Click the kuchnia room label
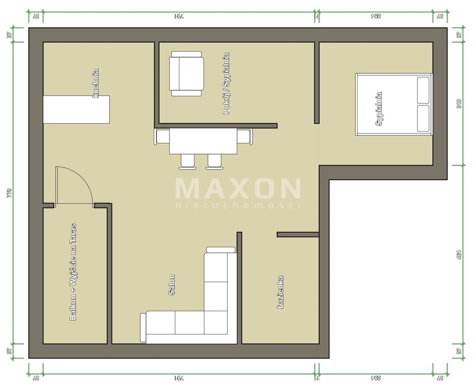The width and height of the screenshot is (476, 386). tap(96, 83)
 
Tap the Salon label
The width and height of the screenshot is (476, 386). tap(172, 285)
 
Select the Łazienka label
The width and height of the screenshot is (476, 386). tap(280, 292)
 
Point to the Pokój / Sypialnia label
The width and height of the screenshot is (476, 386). tap(226, 84)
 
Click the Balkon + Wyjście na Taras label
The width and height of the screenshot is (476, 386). tap(73, 272)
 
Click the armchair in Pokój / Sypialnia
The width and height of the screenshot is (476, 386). tap(186, 74)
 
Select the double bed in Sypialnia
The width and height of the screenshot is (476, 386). tap(394, 104)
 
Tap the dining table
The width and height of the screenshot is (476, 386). tap(203, 141)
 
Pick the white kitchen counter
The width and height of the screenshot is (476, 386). tap(76, 109)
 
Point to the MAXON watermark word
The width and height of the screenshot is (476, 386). tap(238, 188)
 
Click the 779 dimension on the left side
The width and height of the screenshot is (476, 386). tap(9, 193)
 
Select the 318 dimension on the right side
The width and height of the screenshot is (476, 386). tap(459, 104)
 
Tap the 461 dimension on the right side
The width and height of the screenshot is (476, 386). tap(459, 255)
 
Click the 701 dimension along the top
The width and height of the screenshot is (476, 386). tap(179, 16)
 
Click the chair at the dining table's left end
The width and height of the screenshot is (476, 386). tap(161, 137)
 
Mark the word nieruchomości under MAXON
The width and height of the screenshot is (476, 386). tap(238, 205)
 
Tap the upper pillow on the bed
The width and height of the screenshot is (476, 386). tap(423, 90)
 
